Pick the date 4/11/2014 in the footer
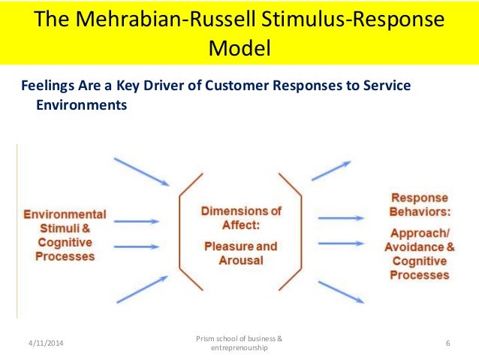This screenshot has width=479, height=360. tap(41, 343)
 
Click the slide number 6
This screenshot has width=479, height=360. tap(447, 343)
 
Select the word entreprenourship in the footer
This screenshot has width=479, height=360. tap(239, 348)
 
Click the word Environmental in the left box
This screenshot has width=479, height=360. tap(65, 214)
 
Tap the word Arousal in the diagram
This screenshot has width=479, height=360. tap(240, 260)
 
